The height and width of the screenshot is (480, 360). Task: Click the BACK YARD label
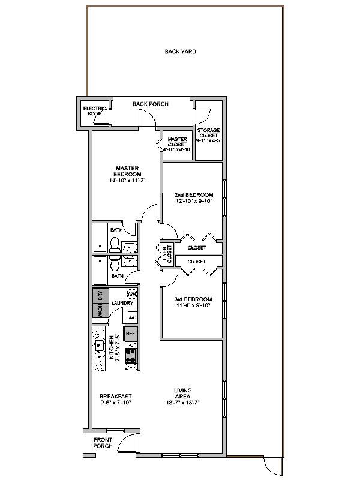click(x=181, y=52)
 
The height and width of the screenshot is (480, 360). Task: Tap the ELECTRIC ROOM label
click(x=95, y=111)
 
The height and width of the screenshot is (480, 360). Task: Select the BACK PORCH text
click(x=151, y=104)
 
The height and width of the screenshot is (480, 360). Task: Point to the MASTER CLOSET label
click(x=178, y=144)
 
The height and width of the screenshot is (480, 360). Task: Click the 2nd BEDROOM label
click(x=194, y=195)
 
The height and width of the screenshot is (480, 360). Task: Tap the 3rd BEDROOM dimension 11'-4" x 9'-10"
click(x=194, y=305)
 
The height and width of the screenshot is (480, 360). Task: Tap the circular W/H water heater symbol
click(x=132, y=294)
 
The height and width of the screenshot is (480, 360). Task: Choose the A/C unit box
click(x=132, y=317)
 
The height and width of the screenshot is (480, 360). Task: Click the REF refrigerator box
click(x=130, y=333)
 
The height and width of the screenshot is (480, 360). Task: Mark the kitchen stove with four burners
click(x=131, y=356)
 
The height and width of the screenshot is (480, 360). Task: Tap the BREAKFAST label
click(x=116, y=396)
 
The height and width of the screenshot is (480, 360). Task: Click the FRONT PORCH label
click(x=103, y=443)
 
